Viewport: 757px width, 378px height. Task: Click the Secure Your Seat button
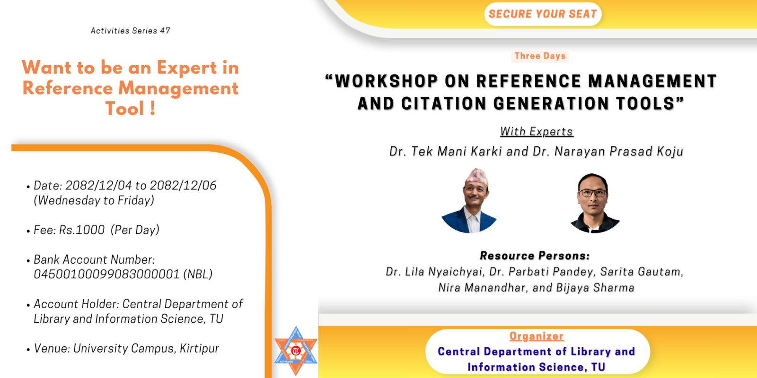pyautogui.click(x=543, y=14)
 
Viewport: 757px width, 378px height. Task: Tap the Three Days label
pyautogui.click(x=540, y=56)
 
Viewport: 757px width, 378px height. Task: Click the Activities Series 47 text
pyautogui.click(x=131, y=31)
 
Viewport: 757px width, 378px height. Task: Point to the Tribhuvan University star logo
pyautogui.click(x=296, y=351)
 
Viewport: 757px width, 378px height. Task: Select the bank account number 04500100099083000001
pyautogui.click(x=106, y=275)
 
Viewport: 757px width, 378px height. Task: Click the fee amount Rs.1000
pyautogui.click(x=82, y=230)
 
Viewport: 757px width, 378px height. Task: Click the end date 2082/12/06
pyautogui.click(x=183, y=186)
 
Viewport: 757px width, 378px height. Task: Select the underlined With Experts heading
pyautogui.click(x=537, y=131)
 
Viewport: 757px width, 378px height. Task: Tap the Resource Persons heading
pyautogui.click(x=535, y=256)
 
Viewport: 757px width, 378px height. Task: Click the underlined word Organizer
pyautogui.click(x=537, y=336)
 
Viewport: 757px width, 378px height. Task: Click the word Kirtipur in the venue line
pyautogui.click(x=199, y=349)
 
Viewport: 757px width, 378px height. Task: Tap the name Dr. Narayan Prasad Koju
pyautogui.click(x=608, y=152)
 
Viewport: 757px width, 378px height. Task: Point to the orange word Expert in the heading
pyautogui.click(x=187, y=68)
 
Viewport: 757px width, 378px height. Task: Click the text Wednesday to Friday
pyautogui.click(x=94, y=201)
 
